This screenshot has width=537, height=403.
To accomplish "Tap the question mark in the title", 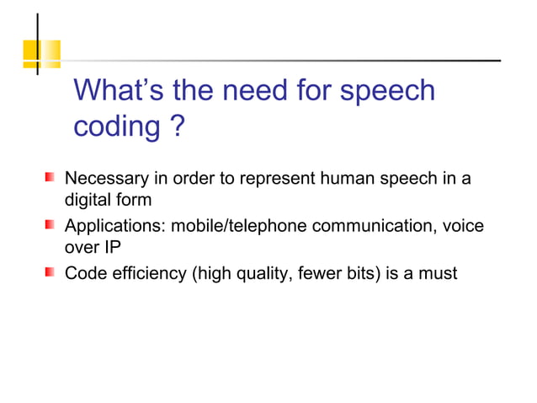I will click(x=177, y=128).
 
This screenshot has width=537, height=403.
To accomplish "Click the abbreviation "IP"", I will click(x=114, y=250).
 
